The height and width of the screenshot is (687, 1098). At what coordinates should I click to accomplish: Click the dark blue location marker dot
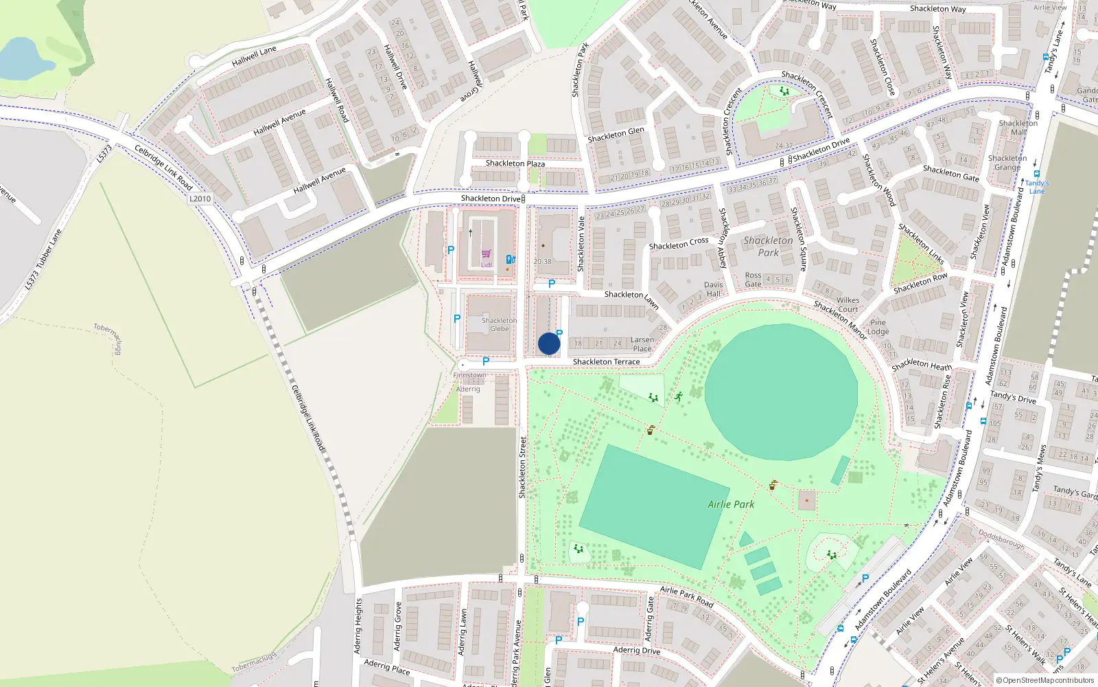(x=549, y=343)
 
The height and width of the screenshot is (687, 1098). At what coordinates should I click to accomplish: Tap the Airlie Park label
(x=731, y=504)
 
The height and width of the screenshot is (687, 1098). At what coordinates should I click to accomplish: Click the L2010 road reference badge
(x=200, y=199)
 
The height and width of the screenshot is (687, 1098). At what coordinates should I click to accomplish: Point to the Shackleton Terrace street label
(x=606, y=362)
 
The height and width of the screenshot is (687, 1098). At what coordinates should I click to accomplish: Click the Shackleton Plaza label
(x=515, y=164)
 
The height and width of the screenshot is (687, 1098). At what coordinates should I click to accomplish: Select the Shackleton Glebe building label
(x=499, y=325)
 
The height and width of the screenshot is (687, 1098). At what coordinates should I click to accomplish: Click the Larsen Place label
(x=642, y=344)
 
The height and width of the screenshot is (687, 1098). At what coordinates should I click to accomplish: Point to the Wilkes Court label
(x=848, y=305)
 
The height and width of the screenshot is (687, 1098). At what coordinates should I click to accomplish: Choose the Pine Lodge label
(x=878, y=327)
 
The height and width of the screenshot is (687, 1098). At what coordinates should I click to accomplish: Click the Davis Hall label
(x=713, y=289)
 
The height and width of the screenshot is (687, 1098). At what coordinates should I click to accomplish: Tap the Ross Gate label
(x=753, y=280)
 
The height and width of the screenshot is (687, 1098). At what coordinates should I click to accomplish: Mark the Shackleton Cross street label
(x=678, y=244)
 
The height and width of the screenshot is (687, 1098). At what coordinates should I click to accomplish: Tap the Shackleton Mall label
(x=1018, y=128)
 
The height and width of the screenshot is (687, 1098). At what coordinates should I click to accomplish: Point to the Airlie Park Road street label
(x=686, y=596)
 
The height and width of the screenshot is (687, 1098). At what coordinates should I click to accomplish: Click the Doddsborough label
(x=1001, y=539)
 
